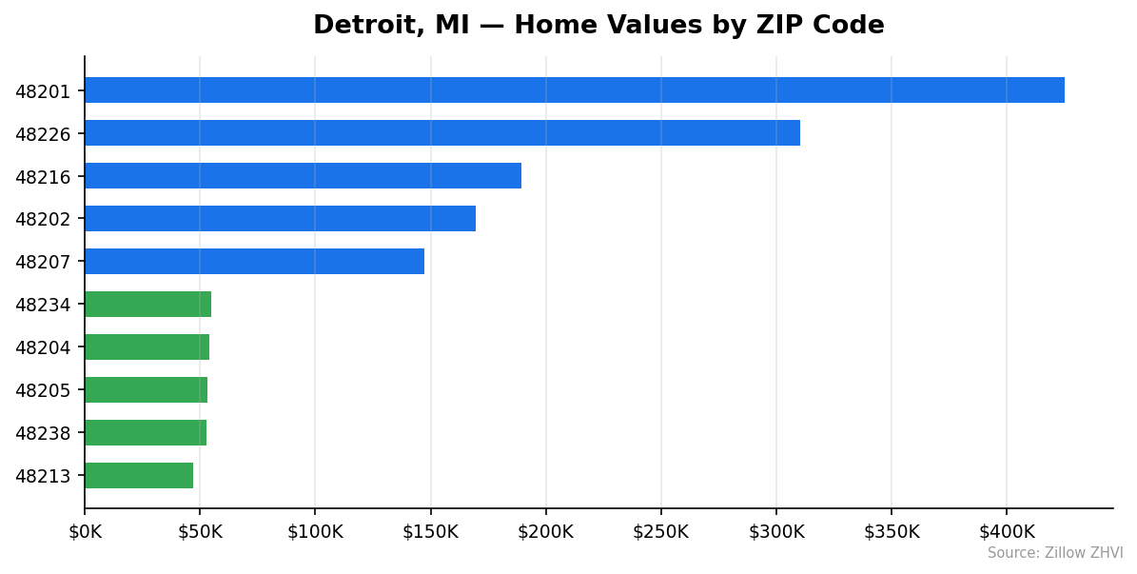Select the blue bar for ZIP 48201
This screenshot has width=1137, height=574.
click(575, 90)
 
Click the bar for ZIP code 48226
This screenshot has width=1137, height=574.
click(442, 133)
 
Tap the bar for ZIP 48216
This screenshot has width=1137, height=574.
click(303, 176)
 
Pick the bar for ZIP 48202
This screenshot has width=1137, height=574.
click(280, 219)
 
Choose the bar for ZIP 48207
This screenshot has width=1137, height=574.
click(254, 262)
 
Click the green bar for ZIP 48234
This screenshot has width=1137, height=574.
click(147, 305)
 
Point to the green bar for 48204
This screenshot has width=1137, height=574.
click(147, 347)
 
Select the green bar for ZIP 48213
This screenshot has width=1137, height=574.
click(139, 476)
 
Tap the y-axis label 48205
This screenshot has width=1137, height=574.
click(43, 390)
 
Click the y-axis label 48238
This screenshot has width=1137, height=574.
click(43, 433)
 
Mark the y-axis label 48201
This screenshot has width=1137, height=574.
click(43, 91)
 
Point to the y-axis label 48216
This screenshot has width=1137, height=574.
click(43, 177)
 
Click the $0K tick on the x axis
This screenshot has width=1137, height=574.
click(85, 531)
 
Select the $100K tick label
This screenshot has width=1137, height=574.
click(315, 531)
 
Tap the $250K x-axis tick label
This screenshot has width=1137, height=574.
click(660, 531)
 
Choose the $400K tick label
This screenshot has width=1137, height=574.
click(1007, 531)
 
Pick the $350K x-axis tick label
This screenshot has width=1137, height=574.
click(892, 531)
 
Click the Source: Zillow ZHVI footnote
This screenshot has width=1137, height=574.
click(1054, 553)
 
